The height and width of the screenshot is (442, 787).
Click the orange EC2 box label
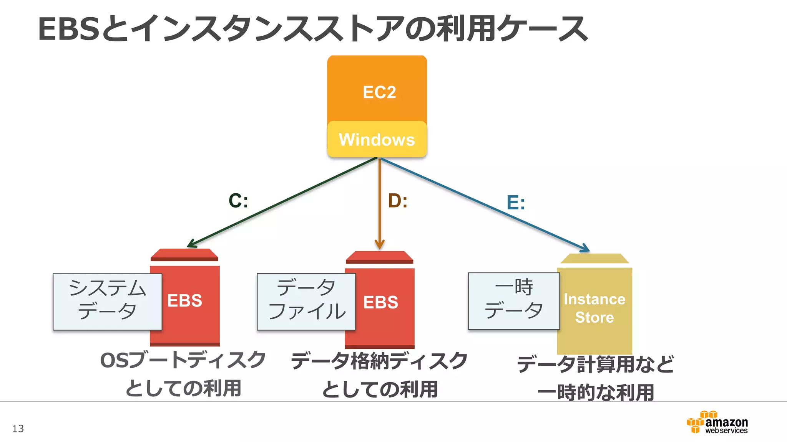coord(379,92)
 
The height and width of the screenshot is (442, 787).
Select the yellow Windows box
coord(377,139)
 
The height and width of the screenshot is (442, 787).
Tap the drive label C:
coord(238,200)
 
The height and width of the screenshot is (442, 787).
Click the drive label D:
coord(397,200)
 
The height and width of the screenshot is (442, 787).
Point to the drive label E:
coord(515,202)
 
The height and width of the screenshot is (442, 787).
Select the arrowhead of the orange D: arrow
coord(379,245)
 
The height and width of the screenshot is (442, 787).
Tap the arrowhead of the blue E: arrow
coord(585,249)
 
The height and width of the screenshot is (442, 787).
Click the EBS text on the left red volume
coord(184,300)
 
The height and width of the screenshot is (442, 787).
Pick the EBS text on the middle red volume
coord(380,302)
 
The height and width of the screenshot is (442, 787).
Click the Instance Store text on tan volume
coord(594,308)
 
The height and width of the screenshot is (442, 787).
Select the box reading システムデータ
coord(107,302)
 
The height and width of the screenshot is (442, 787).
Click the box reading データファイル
coord(306,302)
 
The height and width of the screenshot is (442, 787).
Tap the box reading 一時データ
coord(513,301)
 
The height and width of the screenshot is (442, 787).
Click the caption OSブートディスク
coord(183,360)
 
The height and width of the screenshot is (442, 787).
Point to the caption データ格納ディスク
coord(379,361)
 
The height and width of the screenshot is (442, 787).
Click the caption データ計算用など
coord(595,364)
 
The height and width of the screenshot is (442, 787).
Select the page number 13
coord(18,429)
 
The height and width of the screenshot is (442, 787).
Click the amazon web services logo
coord(717,422)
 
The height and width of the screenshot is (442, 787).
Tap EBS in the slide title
coord(69,29)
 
